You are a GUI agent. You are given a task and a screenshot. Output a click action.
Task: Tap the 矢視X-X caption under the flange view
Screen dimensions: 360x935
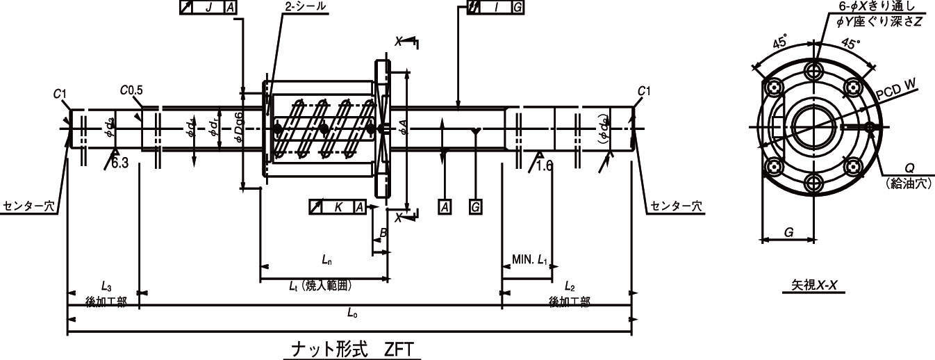813,285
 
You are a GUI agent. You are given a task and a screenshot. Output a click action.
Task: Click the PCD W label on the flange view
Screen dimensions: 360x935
897,90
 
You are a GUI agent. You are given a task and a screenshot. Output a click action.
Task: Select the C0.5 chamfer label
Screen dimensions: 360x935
131,90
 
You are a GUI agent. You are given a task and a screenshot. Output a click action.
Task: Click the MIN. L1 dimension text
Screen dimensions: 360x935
530,261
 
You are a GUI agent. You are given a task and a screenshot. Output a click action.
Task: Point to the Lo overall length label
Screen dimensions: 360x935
352,313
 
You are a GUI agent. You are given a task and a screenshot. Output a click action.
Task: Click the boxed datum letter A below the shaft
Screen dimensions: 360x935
443,206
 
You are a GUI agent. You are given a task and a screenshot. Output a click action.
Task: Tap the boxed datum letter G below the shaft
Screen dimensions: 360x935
475,206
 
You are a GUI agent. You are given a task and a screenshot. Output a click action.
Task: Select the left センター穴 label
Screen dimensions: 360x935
29,206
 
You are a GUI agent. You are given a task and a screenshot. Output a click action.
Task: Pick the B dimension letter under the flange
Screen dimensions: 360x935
383,234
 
